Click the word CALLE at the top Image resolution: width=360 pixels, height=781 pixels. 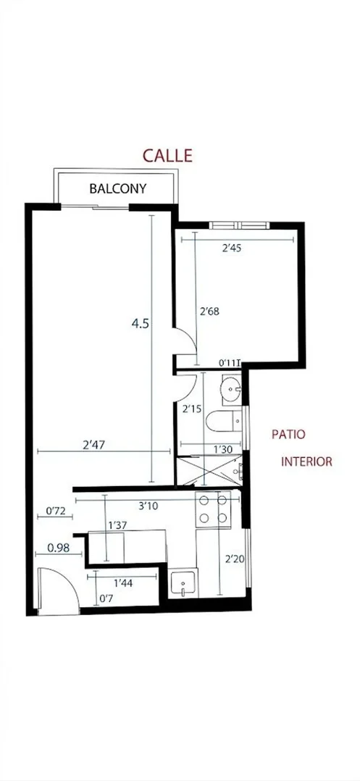[x=167, y=155]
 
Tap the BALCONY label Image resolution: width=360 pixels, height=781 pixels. [x=117, y=189]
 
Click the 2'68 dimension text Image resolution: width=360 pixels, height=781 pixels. [x=209, y=312]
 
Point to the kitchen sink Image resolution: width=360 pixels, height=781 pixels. [x=185, y=583]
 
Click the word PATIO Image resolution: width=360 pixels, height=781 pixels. [x=288, y=435]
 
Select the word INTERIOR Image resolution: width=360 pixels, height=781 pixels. [x=306, y=461]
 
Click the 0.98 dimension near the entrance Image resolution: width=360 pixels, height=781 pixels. [x=59, y=548]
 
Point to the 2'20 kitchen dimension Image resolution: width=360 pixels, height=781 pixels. [x=233, y=559]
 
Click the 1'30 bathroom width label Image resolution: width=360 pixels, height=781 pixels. [x=222, y=449]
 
